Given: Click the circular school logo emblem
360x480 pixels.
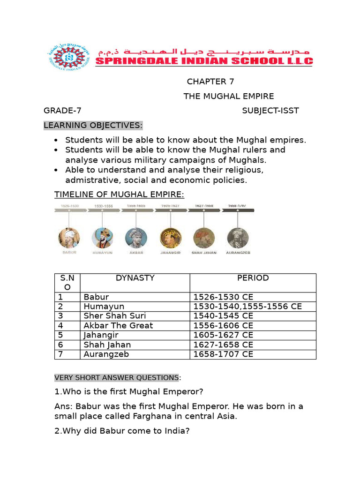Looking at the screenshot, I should coord(69,58).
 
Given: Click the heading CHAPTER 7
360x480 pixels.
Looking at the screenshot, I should coord(210,82).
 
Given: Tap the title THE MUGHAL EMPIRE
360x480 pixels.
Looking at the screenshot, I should coord(228,96).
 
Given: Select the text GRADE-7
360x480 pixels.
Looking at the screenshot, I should coord(62,111).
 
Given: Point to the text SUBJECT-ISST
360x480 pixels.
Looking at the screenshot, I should coord(270,111).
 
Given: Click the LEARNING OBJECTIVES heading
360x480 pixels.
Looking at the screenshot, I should coord(93,125).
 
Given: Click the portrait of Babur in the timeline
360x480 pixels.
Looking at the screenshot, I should coord(69,238).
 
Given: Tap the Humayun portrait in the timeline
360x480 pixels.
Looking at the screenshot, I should coord(102,238).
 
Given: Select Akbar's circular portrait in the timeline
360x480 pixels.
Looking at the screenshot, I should coord(136,238).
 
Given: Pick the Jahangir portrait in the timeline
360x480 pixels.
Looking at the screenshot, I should coord(170,238).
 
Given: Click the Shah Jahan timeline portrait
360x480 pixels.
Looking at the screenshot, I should coord(203,238).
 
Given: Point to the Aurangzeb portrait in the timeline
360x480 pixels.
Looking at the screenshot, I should coord(237,238).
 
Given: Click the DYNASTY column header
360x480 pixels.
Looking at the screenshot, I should coord(135,278).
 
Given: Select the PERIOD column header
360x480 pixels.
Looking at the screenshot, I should coord(253,278).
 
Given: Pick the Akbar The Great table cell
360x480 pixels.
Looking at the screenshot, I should coord(118,325).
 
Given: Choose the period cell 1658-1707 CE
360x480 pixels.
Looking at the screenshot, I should coord(223,354).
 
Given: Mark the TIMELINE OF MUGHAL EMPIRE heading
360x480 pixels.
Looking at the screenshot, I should coord(120,195).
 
